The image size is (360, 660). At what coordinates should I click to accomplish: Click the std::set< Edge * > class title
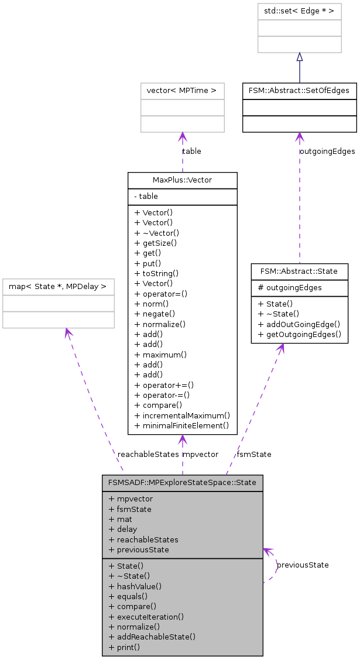[299, 12]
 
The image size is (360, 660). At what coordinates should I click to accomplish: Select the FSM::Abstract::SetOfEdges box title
[299, 91]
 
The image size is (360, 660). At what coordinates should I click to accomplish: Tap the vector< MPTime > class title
[182, 91]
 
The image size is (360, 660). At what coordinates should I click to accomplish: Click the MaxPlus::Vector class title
[182, 180]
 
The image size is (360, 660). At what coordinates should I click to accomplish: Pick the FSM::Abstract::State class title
[299, 271]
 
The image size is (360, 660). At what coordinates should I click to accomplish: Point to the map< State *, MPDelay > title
[58, 287]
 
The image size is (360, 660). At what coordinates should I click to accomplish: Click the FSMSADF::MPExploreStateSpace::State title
[182, 483]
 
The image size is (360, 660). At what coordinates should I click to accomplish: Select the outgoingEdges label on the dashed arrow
[327, 151]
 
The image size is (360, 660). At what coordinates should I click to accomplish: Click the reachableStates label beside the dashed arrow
[148, 454]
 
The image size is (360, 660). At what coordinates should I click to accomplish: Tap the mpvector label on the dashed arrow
[200, 454]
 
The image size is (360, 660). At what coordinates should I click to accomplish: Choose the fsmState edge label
[253, 454]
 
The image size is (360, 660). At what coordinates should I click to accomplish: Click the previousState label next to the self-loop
[302, 565]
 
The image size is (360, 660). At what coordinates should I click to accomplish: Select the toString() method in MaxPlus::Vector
[156, 273]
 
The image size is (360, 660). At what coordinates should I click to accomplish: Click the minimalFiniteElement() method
[181, 425]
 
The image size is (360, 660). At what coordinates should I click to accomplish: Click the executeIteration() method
[150, 617]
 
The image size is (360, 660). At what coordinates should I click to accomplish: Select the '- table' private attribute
[146, 197]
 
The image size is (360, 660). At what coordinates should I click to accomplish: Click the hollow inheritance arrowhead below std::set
[299, 57]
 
